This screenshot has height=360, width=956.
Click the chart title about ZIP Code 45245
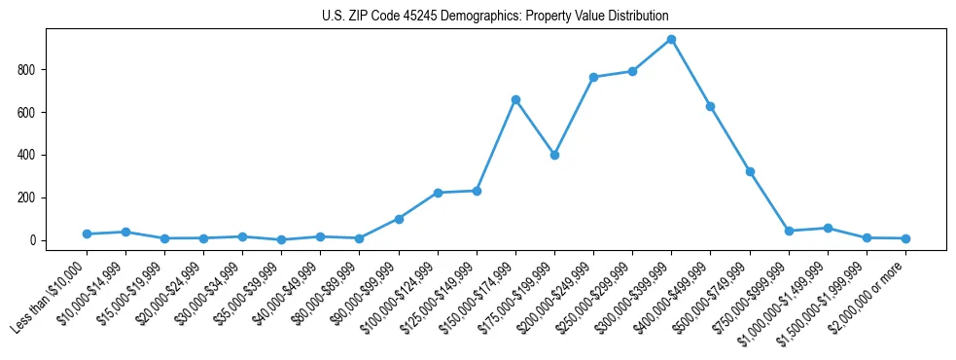[495, 17]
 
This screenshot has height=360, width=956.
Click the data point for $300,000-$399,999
[671, 40]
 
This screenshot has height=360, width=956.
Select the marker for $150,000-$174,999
[515, 99]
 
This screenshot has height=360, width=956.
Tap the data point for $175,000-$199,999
[554, 155]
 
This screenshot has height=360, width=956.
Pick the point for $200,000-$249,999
[593, 77]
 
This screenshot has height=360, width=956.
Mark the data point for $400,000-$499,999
[710, 106]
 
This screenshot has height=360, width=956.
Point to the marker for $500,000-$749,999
[750, 171]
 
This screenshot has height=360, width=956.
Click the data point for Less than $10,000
[87, 234]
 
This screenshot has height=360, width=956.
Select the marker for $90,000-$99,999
[399, 219]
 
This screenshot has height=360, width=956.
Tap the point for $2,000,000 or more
[905, 238]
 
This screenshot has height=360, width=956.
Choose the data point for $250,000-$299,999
[632, 71]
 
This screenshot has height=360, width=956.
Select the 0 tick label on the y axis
[36, 240]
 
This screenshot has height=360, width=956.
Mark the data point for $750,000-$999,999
[789, 231]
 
